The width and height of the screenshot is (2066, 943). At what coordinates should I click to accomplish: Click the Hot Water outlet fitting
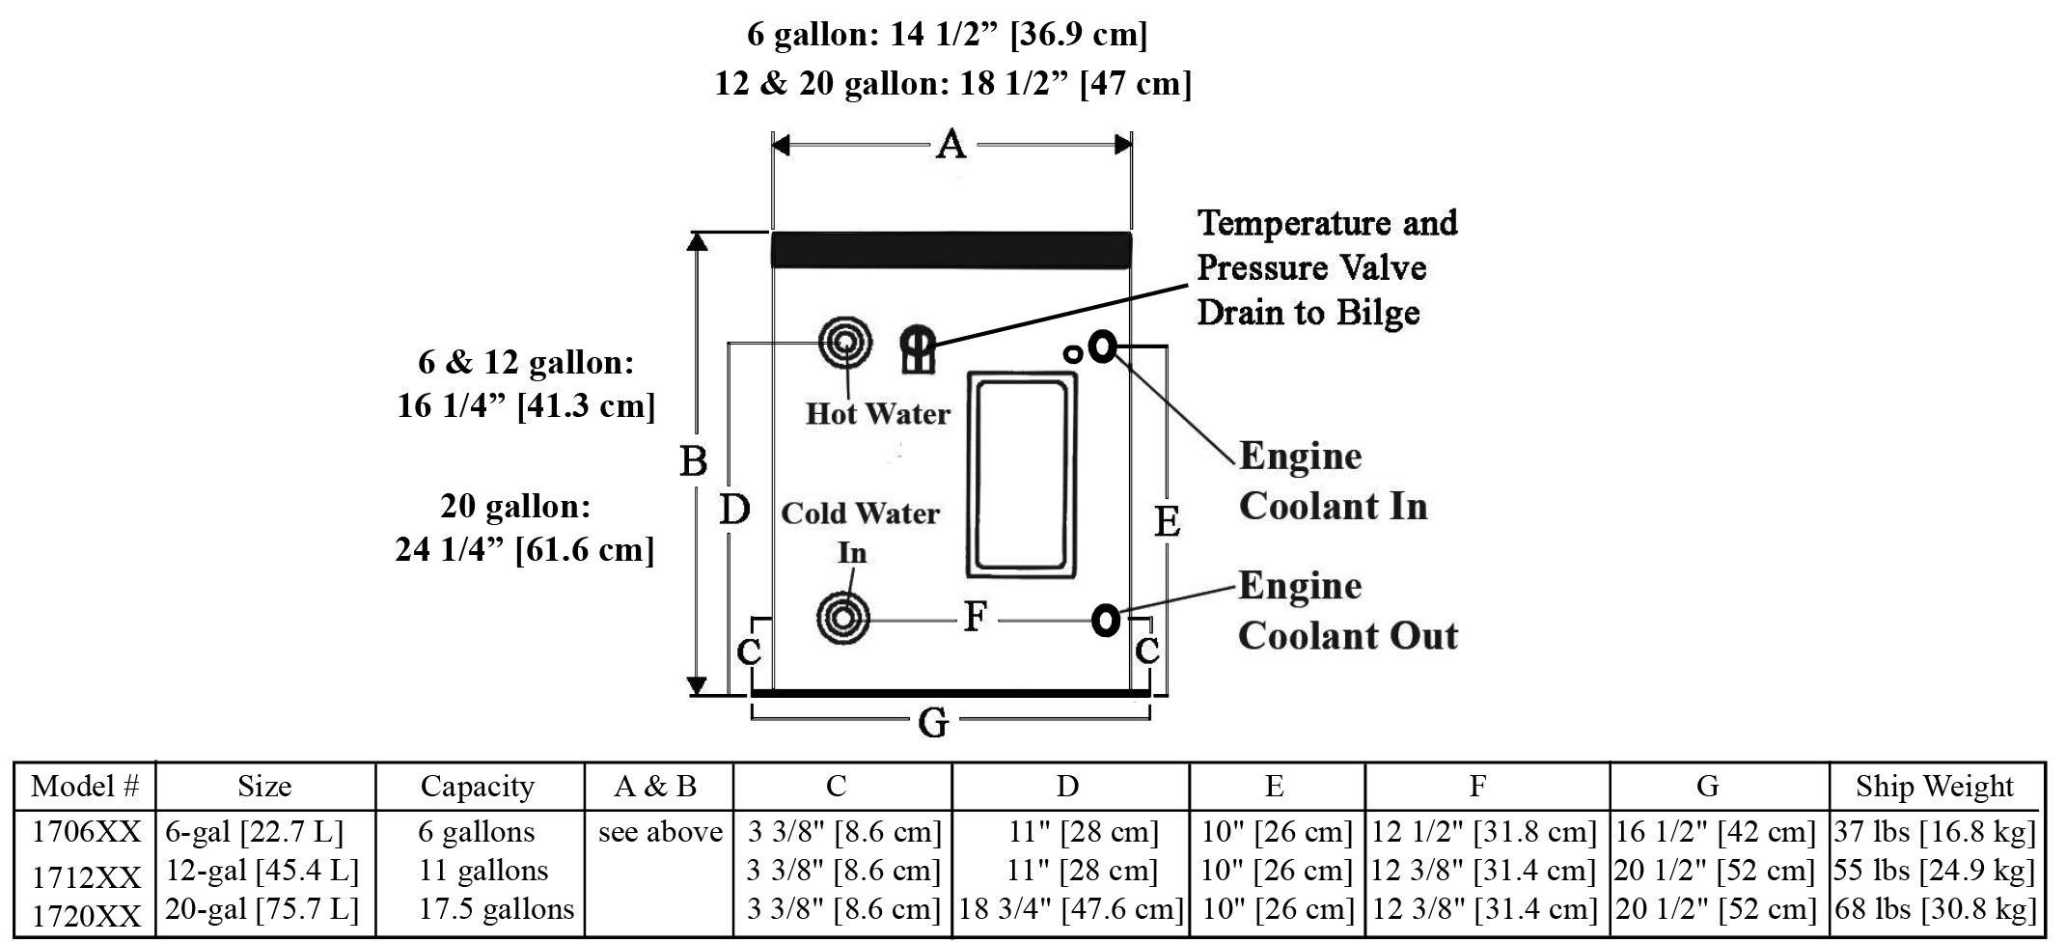click(x=845, y=343)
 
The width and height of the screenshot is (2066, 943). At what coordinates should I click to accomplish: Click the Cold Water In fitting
click(x=842, y=618)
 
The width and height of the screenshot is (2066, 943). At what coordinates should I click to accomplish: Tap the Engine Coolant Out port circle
click(x=1106, y=620)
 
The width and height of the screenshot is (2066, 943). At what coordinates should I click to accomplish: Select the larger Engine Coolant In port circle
click(x=1103, y=346)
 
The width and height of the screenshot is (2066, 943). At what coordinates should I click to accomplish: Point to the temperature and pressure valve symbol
click(x=918, y=348)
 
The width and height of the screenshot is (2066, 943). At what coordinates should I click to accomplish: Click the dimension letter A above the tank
click(x=951, y=145)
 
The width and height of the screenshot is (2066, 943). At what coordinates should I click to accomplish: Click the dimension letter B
click(x=693, y=461)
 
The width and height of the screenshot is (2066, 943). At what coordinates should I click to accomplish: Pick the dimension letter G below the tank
click(x=932, y=722)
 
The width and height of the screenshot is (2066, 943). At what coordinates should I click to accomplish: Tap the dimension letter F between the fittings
click(x=976, y=616)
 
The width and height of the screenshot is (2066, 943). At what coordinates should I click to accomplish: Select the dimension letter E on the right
click(x=1167, y=522)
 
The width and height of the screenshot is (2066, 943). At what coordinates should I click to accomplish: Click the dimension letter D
click(x=734, y=510)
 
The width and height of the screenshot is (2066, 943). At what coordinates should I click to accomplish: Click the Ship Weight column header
click(x=1934, y=787)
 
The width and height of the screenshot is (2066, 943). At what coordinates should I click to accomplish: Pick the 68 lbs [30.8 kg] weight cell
click(x=1934, y=909)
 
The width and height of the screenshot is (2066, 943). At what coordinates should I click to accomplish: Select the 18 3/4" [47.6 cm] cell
click(x=1070, y=909)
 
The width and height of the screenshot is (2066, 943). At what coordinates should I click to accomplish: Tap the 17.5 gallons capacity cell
click(x=496, y=909)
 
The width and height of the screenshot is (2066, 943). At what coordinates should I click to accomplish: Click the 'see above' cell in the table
click(x=660, y=832)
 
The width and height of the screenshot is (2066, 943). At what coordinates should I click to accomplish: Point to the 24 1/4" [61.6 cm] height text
click(x=524, y=549)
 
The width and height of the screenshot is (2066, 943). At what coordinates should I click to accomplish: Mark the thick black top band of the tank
click(x=950, y=249)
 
